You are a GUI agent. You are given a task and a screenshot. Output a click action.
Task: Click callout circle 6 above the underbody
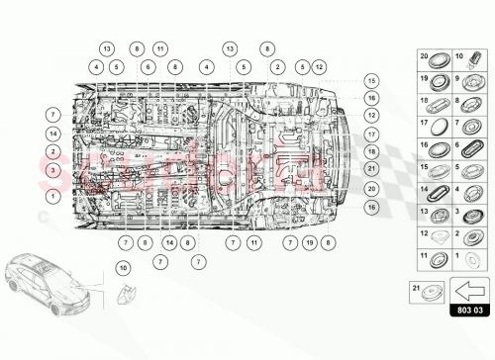coord(148,66)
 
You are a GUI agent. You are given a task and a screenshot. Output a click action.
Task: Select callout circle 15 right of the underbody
coord(371,80)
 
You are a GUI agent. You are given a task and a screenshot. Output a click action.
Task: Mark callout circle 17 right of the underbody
coord(371,134)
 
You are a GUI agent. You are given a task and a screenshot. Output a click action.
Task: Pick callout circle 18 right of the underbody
coord(371,151)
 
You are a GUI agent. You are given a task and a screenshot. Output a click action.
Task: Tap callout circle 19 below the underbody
coord(309,241)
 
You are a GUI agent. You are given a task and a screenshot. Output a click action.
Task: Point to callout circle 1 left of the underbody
coord(52,197)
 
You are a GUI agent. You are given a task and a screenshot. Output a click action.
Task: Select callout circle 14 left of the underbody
coord(52,134)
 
